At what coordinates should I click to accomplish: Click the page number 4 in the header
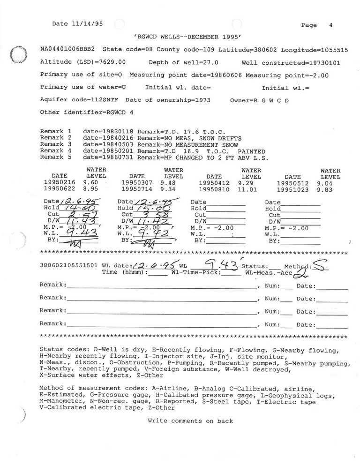(x=331, y=25)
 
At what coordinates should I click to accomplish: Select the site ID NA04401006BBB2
(x=67, y=49)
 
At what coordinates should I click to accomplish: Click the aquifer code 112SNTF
(x=105, y=100)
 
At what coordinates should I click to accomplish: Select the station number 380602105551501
(x=69, y=265)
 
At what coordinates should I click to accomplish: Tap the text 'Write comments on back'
(x=190, y=421)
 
